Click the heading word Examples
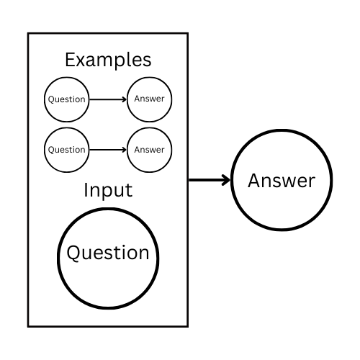pyautogui.click(x=108, y=59)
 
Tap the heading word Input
pyautogui.click(x=108, y=191)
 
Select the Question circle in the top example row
pyautogui.click(x=66, y=99)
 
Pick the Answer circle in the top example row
pyautogui.click(x=149, y=99)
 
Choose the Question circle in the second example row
pyautogui.click(x=66, y=150)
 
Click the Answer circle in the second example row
pyautogui.click(x=149, y=150)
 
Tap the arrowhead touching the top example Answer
pyautogui.click(x=124, y=99)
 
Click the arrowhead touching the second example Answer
pyautogui.click(x=124, y=150)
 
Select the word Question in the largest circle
pyautogui.click(x=108, y=253)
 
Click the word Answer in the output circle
pyautogui.click(x=282, y=180)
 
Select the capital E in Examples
pyautogui.click(x=70, y=59)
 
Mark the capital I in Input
pyautogui.click(x=86, y=191)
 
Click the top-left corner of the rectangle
pyautogui.click(x=28, y=33)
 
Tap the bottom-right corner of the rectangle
pyautogui.click(x=187, y=326)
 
